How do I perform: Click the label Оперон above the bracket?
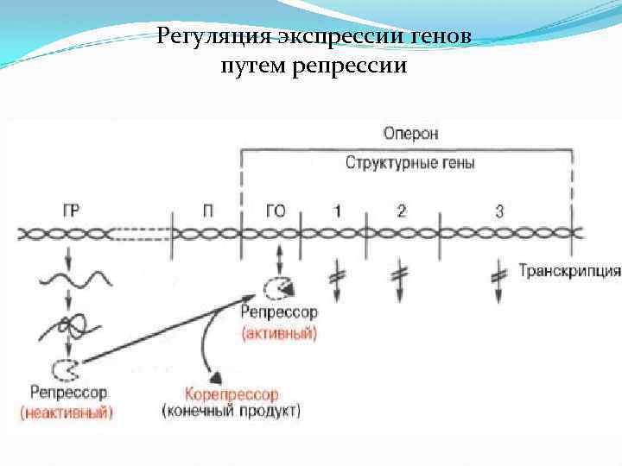tap(410, 133)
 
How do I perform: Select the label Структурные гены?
tap(409, 162)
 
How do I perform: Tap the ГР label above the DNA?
tap(73, 210)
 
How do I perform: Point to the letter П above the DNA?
tap(208, 210)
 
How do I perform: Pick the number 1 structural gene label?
tap(337, 210)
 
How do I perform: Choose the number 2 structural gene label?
tap(401, 210)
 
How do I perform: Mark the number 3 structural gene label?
tap(499, 210)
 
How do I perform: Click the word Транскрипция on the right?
tap(569, 271)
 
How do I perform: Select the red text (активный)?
tap(279, 332)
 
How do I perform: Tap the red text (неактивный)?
tap(67, 412)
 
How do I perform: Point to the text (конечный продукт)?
tap(231, 410)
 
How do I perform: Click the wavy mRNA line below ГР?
tap(74, 279)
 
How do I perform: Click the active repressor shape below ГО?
tap(278, 287)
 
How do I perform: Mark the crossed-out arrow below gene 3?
tap(498, 281)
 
